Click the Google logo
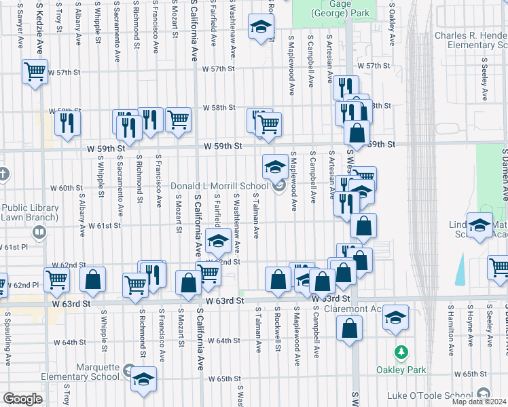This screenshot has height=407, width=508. pyautogui.click(x=22, y=399)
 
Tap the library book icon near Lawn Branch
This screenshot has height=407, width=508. pyautogui.click(x=39, y=233)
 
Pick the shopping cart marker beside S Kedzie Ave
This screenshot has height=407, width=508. pyautogui.click(x=35, y=70)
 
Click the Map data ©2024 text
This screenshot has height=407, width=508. pyautogui.click(x=479, y=401)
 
